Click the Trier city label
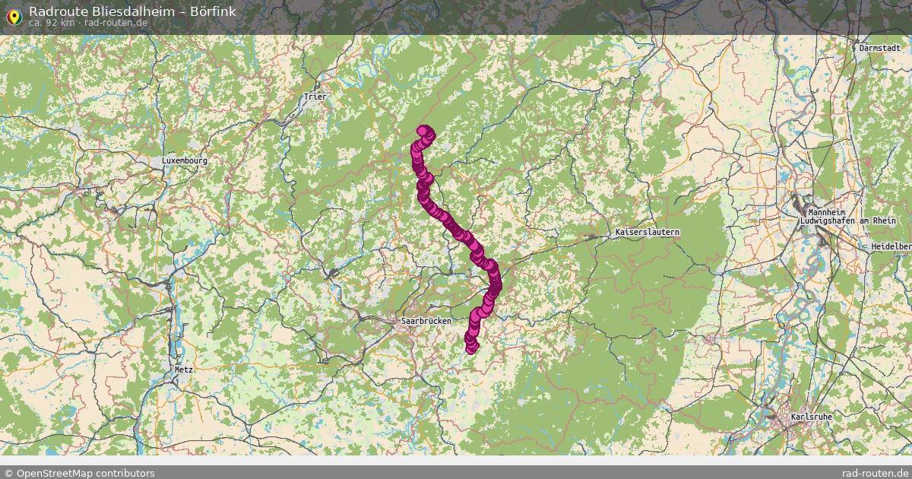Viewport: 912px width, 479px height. tap(314, 97)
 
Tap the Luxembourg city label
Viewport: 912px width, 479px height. tap(184, 161)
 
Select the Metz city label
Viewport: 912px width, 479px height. tap(183, 369)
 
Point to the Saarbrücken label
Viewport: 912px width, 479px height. tap(426, 321)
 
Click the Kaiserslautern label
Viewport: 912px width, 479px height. tap(647, 231)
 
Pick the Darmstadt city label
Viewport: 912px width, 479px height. tap(880, 48)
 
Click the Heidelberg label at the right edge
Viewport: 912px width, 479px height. tap(891, 246)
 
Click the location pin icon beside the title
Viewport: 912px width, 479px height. tap(13, 15)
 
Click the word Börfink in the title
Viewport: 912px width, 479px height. tap(212, 11)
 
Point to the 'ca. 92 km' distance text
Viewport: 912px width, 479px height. tap(51, 23)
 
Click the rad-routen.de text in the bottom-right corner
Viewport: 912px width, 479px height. tap(876, 473)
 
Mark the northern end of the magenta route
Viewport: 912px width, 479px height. tap(423, 130)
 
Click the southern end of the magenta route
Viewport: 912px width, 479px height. tap(471, 348)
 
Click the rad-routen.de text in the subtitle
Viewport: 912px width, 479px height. tap(116, 23)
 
